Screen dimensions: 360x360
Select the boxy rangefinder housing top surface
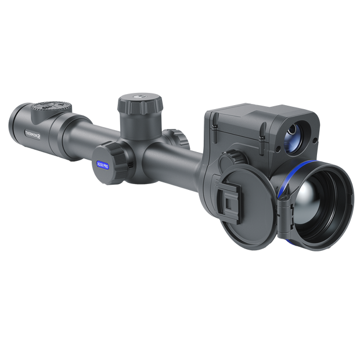point(255,113)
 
